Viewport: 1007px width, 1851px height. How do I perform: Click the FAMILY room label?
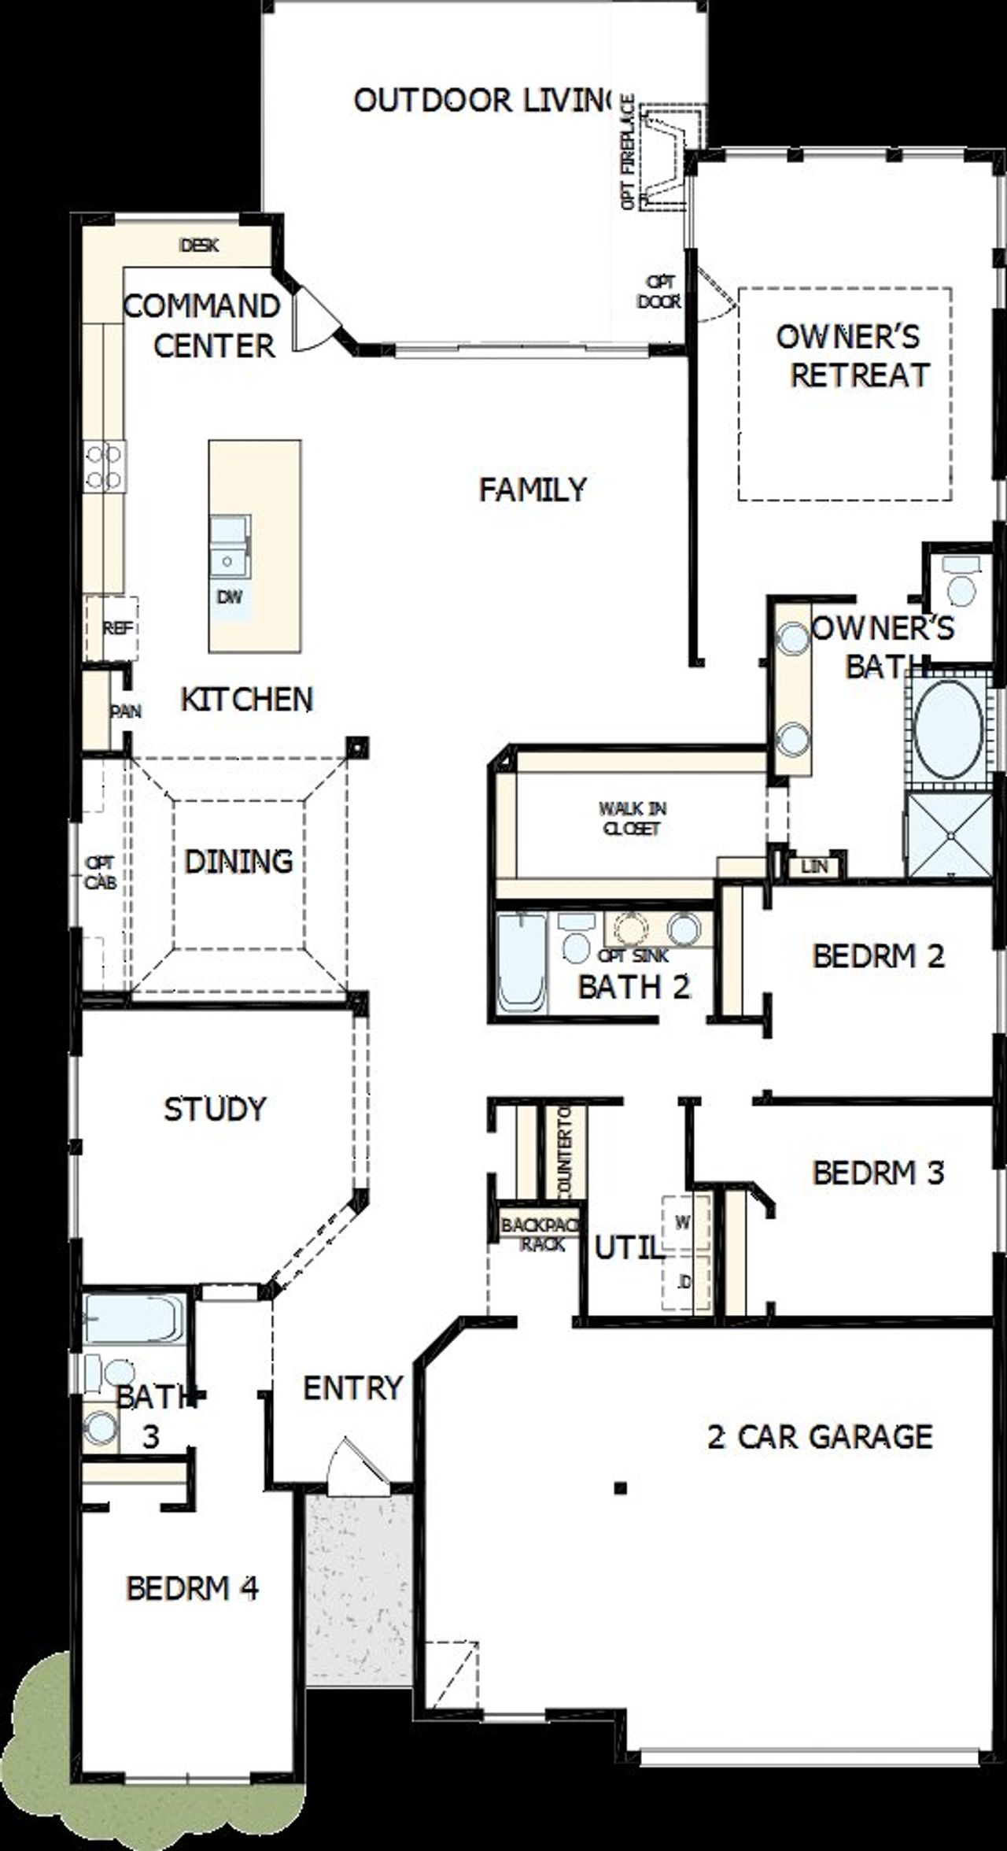coord(533,490)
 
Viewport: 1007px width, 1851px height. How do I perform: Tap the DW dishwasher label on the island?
coord(230,597)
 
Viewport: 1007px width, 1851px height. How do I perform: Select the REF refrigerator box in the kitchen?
coord(116,628)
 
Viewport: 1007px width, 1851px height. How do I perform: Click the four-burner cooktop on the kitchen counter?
coord(105,466)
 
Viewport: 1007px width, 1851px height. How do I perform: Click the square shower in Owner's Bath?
coord(950,835)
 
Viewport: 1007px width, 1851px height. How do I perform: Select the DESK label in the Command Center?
coord(200,245)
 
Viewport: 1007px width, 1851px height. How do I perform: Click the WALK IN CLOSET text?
coord(632,818)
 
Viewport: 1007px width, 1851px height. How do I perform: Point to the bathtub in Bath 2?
coord(522,965)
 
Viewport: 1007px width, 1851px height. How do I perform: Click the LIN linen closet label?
coord(814,866)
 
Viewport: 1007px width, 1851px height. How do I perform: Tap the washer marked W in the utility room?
coord(683,1223)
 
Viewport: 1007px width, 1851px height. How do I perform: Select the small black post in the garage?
coord(621,1487)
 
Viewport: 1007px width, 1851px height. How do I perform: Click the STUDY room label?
coord(215,1110)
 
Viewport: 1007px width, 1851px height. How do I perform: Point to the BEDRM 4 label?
coord(192,1588)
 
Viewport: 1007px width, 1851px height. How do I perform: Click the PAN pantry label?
coord(125,711)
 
